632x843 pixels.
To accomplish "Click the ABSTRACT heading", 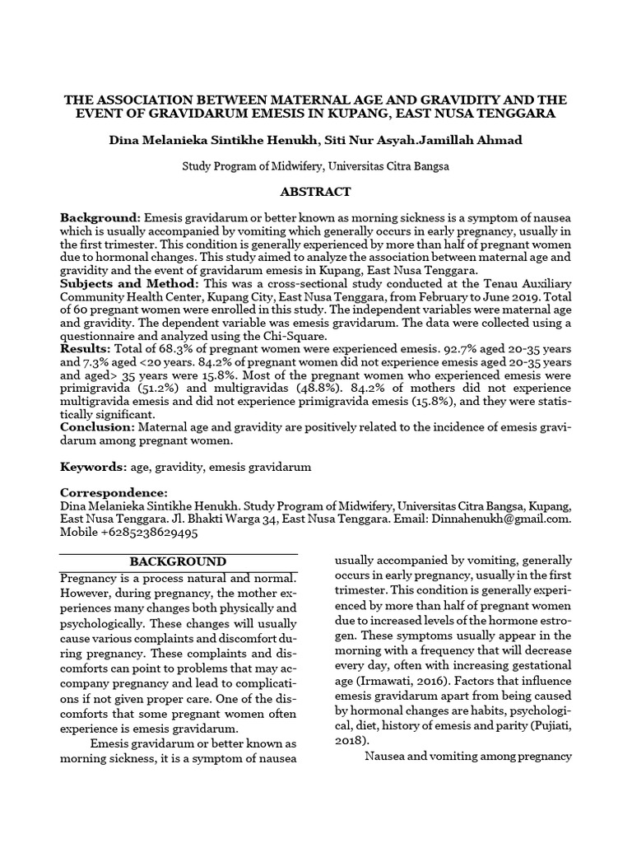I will click(x=316, y=192).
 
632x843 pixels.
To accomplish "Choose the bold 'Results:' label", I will click(x=86, y=349).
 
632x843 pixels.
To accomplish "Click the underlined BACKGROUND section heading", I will click(x=179, y=561).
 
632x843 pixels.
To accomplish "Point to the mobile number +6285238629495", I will click(x=150, y=533).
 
